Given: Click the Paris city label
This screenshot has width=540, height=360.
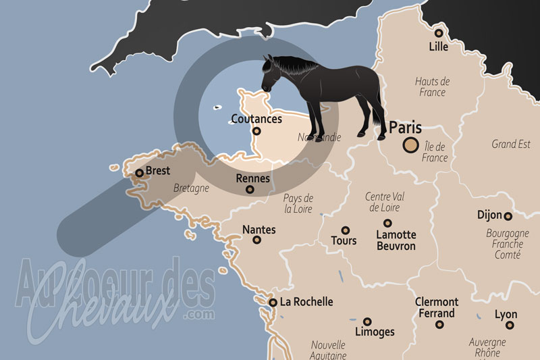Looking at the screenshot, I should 406,127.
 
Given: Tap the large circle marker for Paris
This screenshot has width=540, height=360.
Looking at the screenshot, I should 410,144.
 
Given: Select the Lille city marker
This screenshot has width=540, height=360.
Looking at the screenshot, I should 439,32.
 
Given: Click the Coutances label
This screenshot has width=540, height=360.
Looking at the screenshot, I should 256,119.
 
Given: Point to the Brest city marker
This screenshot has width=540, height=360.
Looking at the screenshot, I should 139,173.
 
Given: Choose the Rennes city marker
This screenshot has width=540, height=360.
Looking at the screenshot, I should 250,190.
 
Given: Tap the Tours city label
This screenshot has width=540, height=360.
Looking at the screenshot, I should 344,240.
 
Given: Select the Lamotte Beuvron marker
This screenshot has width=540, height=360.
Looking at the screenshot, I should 387,223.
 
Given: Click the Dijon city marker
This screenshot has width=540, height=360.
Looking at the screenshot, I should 508,216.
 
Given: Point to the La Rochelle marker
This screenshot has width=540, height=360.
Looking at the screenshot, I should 273,303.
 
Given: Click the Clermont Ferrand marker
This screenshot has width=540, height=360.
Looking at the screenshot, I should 439,325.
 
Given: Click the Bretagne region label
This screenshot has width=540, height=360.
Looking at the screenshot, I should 191,188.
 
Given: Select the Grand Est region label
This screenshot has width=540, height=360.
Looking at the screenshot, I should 511,144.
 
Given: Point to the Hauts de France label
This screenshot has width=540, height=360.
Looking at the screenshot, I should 432,86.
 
